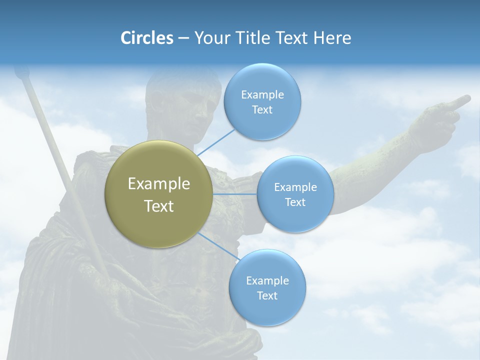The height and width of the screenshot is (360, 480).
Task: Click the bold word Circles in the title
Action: point(146,38)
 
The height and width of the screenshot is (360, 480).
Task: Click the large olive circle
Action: point(159,194)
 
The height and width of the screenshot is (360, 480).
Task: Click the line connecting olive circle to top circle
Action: point(215,141)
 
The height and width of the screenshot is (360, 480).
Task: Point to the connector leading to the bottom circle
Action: point(218,247)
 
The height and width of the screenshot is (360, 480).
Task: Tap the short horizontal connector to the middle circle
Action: point(235,194)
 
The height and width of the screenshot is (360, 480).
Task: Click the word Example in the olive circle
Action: point(159,184)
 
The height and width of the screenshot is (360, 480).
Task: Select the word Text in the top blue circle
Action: point(262,110)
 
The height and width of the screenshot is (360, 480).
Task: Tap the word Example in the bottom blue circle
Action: point(267,280)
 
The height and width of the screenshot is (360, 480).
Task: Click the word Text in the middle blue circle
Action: point(295,202)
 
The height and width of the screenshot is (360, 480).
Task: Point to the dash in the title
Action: point(183,38)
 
